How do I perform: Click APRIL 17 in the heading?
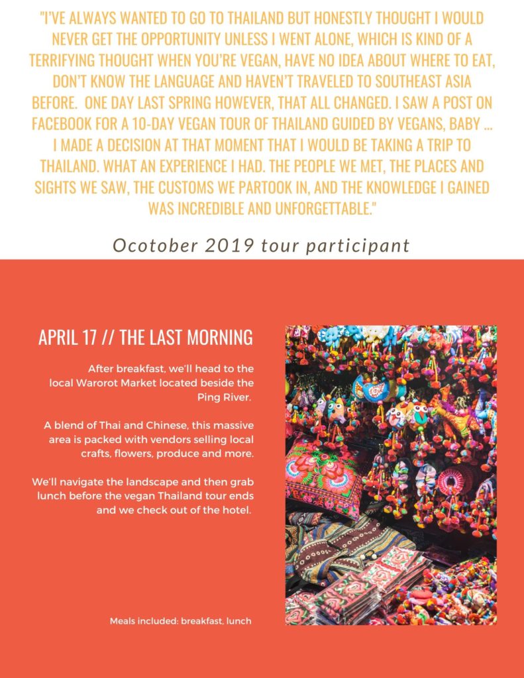(x=68, y=338)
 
